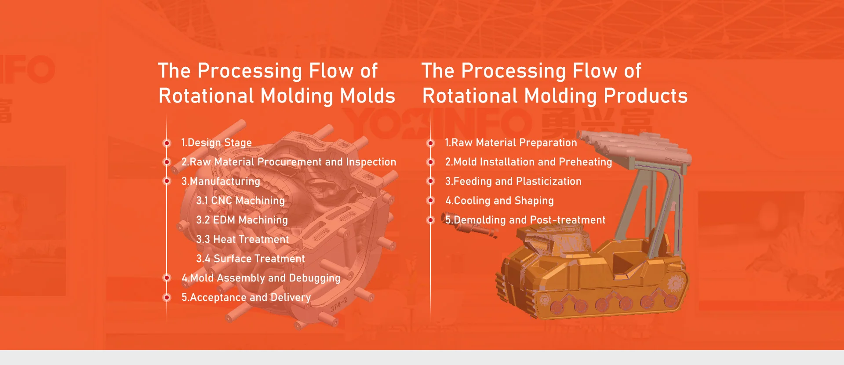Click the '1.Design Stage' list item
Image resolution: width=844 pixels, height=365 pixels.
click(216, 143)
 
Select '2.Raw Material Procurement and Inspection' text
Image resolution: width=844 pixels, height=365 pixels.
click(288, 162)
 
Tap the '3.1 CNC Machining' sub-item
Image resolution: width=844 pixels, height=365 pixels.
click(240, 201)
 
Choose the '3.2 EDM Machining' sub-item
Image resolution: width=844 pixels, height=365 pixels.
click(242, 220)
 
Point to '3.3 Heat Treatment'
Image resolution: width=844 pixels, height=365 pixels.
click(242, 240)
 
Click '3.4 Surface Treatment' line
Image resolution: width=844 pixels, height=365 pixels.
click(250, 259)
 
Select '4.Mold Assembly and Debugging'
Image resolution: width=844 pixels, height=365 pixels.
click(261, 278)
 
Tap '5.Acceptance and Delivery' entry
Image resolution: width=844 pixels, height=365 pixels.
click(246, 298)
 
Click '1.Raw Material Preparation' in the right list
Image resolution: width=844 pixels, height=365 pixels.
click(511, 143)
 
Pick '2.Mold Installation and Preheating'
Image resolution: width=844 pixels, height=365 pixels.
click(528, 162)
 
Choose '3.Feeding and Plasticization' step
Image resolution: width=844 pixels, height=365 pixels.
click(513, 182)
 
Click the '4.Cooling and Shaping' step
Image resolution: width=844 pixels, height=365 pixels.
click(499, 201)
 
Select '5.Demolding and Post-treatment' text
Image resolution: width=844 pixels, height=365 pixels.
click(525, 220)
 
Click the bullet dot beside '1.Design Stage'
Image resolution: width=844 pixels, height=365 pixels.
click(167, 143)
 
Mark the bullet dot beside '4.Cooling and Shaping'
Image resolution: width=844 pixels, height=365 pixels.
click(431, 201)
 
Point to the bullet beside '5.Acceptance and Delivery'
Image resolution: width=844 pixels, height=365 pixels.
click(167, 298)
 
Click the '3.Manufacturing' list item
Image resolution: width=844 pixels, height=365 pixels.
click(221, 182)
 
